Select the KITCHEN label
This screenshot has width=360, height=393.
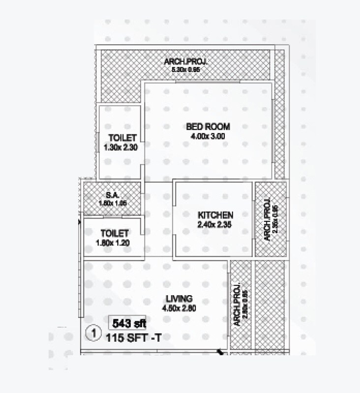[x=215, y=215]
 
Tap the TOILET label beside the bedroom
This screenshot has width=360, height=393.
[x=120, y=138]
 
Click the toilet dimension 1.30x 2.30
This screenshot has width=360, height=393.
[x=120, y=147]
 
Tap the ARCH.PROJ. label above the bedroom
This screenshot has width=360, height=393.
[x=186, y=62]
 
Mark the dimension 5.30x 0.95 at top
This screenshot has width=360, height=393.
[x=186, y=70]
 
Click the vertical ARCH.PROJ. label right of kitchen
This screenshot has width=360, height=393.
[x=266, y=220]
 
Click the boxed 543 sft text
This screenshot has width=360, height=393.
[x=127, y=324]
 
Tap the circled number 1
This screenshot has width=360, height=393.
[x=92, y=333]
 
